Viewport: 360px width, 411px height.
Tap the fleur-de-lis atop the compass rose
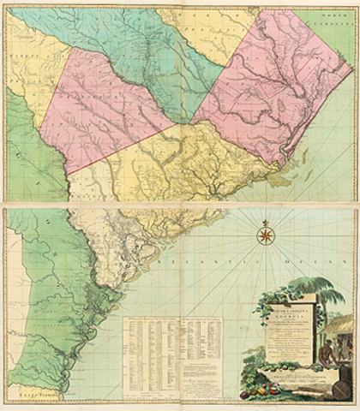[x=265, y=220]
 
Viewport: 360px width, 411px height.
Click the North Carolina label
[x=337, y=21]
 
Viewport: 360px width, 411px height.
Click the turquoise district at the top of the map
[x=129, y=43]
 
